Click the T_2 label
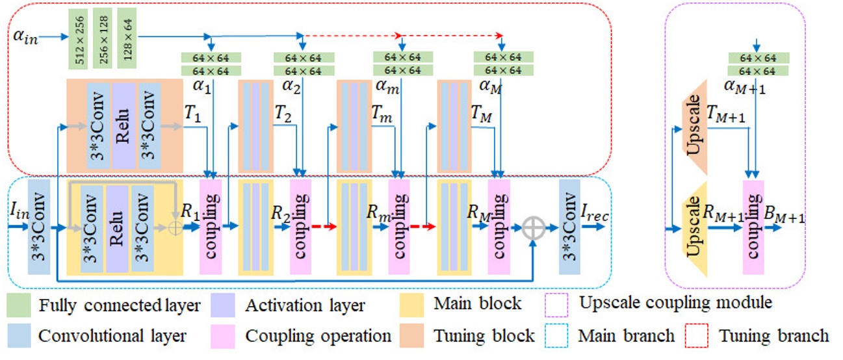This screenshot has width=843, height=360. point(282,113)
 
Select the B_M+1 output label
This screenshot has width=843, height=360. point(785,218)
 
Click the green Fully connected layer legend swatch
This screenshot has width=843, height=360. point(19,304)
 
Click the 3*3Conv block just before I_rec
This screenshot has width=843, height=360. point(569,227)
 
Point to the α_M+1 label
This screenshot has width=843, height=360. point(745,86)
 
